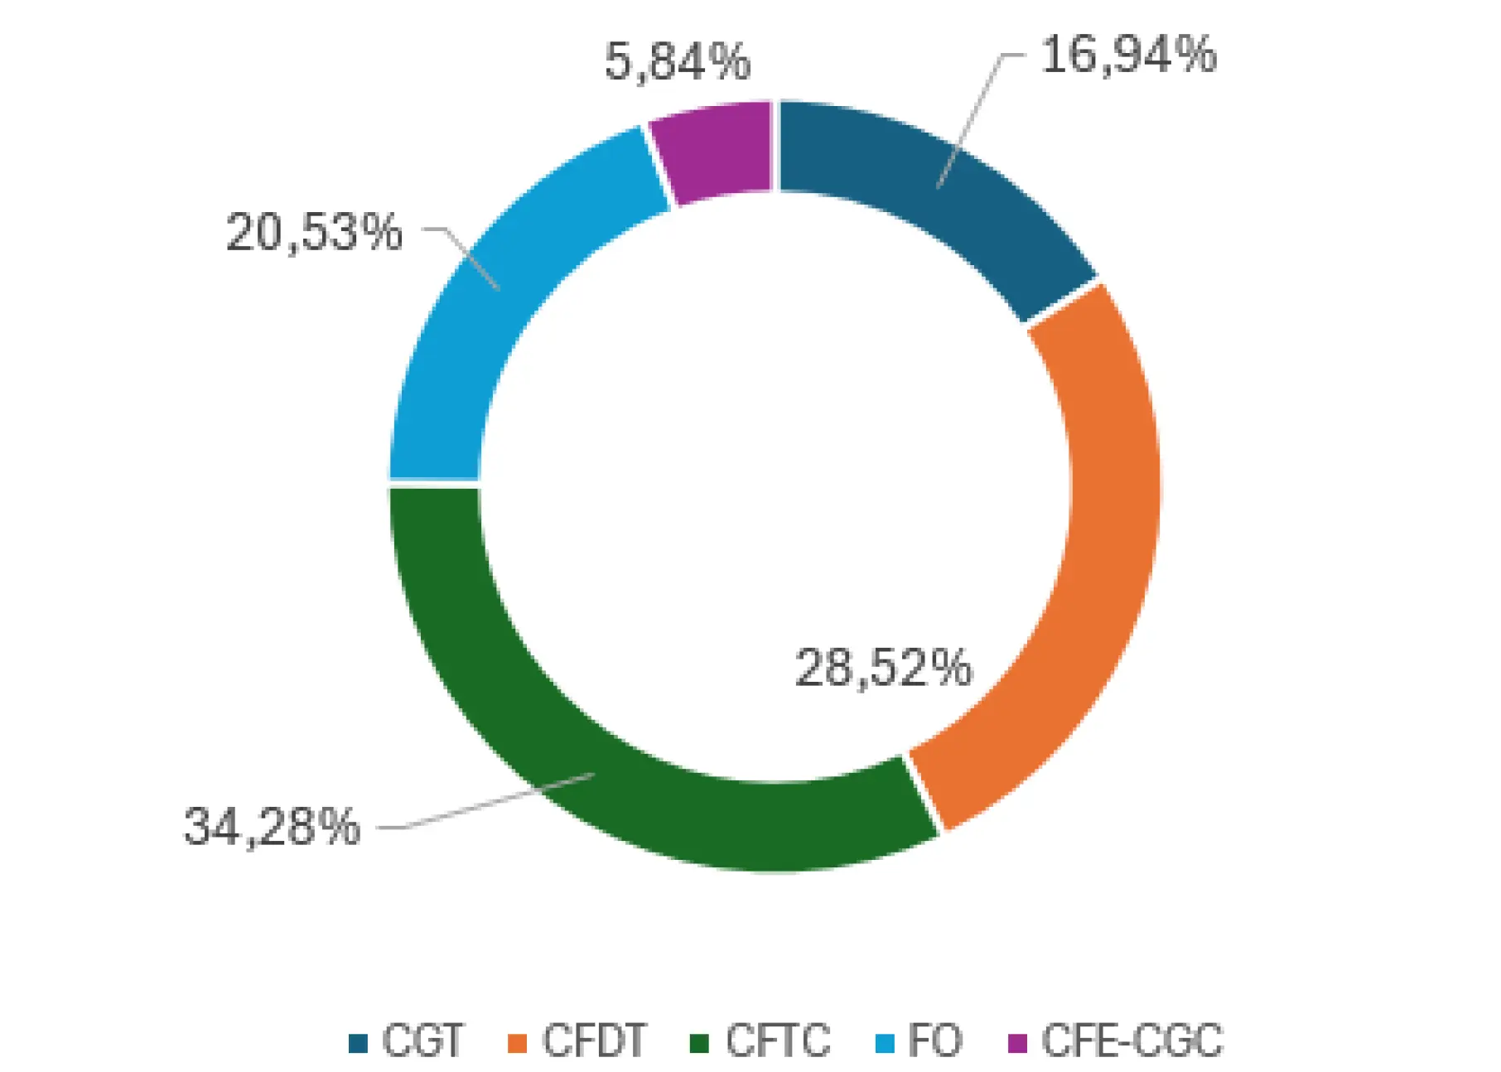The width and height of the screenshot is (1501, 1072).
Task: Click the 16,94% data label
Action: [1128, 56]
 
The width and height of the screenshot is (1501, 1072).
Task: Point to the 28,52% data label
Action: [883, 668]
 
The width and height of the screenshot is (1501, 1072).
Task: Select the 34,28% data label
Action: [272, 826]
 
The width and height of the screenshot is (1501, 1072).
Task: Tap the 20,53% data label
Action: [314, 232]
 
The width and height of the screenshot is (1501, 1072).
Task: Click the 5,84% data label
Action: [677, 61]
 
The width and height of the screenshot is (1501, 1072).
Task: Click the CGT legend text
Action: [422, 1041]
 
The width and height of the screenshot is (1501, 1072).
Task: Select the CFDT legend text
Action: [593, 1041]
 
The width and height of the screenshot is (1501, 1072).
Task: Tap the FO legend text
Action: [934, 1041]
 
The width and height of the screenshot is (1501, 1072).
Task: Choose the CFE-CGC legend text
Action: [1131, 1041]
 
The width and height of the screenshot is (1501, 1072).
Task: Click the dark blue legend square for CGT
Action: [358, 1043]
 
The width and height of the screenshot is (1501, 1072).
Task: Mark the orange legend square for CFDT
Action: [517, 1043]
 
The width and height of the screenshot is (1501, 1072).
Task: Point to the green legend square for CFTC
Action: [700, 1043]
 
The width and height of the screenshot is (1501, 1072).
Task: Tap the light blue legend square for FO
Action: [885, 1043]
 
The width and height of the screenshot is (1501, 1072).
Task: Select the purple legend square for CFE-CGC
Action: [1017, 1043]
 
